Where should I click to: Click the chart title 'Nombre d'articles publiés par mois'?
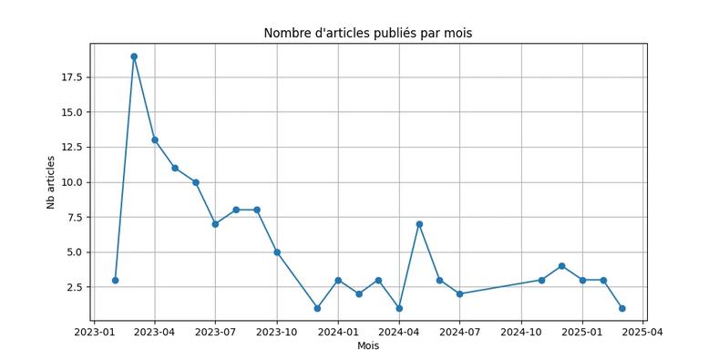coord(367,34)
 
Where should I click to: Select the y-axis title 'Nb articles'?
coord(51,182)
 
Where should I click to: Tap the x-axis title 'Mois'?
coord(367,345)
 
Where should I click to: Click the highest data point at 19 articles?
coord(134,57)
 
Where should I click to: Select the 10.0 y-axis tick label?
coord(71,182)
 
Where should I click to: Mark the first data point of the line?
coord(115,280)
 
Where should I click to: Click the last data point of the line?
coord(622,308)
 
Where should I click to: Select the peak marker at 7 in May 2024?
coord(419,224)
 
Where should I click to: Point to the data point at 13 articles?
coord(155,140)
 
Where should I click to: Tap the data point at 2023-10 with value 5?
coord(276,252)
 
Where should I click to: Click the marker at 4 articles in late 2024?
coord(561,266)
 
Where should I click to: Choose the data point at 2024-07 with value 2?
coord(459,294)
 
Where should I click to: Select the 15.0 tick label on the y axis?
coord(71,112)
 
